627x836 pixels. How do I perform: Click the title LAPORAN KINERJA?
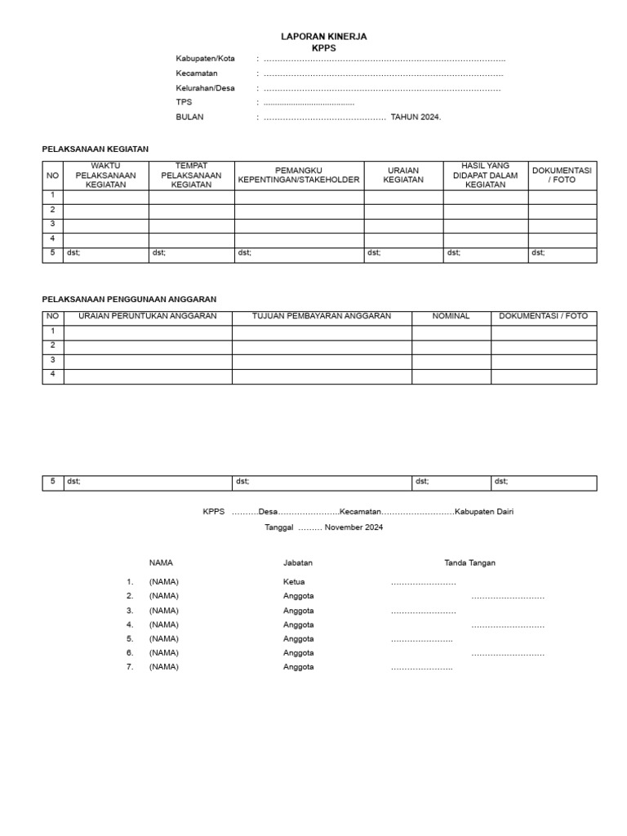323,37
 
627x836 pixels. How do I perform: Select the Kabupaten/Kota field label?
205,59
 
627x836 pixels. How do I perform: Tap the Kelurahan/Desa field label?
205,88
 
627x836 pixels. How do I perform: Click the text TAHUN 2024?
416,118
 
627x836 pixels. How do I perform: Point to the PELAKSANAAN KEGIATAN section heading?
96,149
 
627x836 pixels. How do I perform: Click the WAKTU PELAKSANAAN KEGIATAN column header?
106,175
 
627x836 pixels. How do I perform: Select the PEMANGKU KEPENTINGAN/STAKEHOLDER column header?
299,175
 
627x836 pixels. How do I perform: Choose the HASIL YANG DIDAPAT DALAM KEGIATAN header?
486,175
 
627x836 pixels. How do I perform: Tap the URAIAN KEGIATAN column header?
403,175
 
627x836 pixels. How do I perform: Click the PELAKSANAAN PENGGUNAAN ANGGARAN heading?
129,300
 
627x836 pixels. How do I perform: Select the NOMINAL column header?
451,316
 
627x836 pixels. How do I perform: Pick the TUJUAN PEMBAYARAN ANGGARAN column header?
322,316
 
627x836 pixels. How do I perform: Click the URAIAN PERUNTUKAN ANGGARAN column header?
148,316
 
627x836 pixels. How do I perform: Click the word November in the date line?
342,527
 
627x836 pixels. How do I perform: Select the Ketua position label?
294,582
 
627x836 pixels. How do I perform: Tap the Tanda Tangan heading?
469,563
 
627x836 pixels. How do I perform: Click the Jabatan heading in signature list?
298,563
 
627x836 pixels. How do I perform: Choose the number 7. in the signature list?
129,667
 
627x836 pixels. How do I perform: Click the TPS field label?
184,103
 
